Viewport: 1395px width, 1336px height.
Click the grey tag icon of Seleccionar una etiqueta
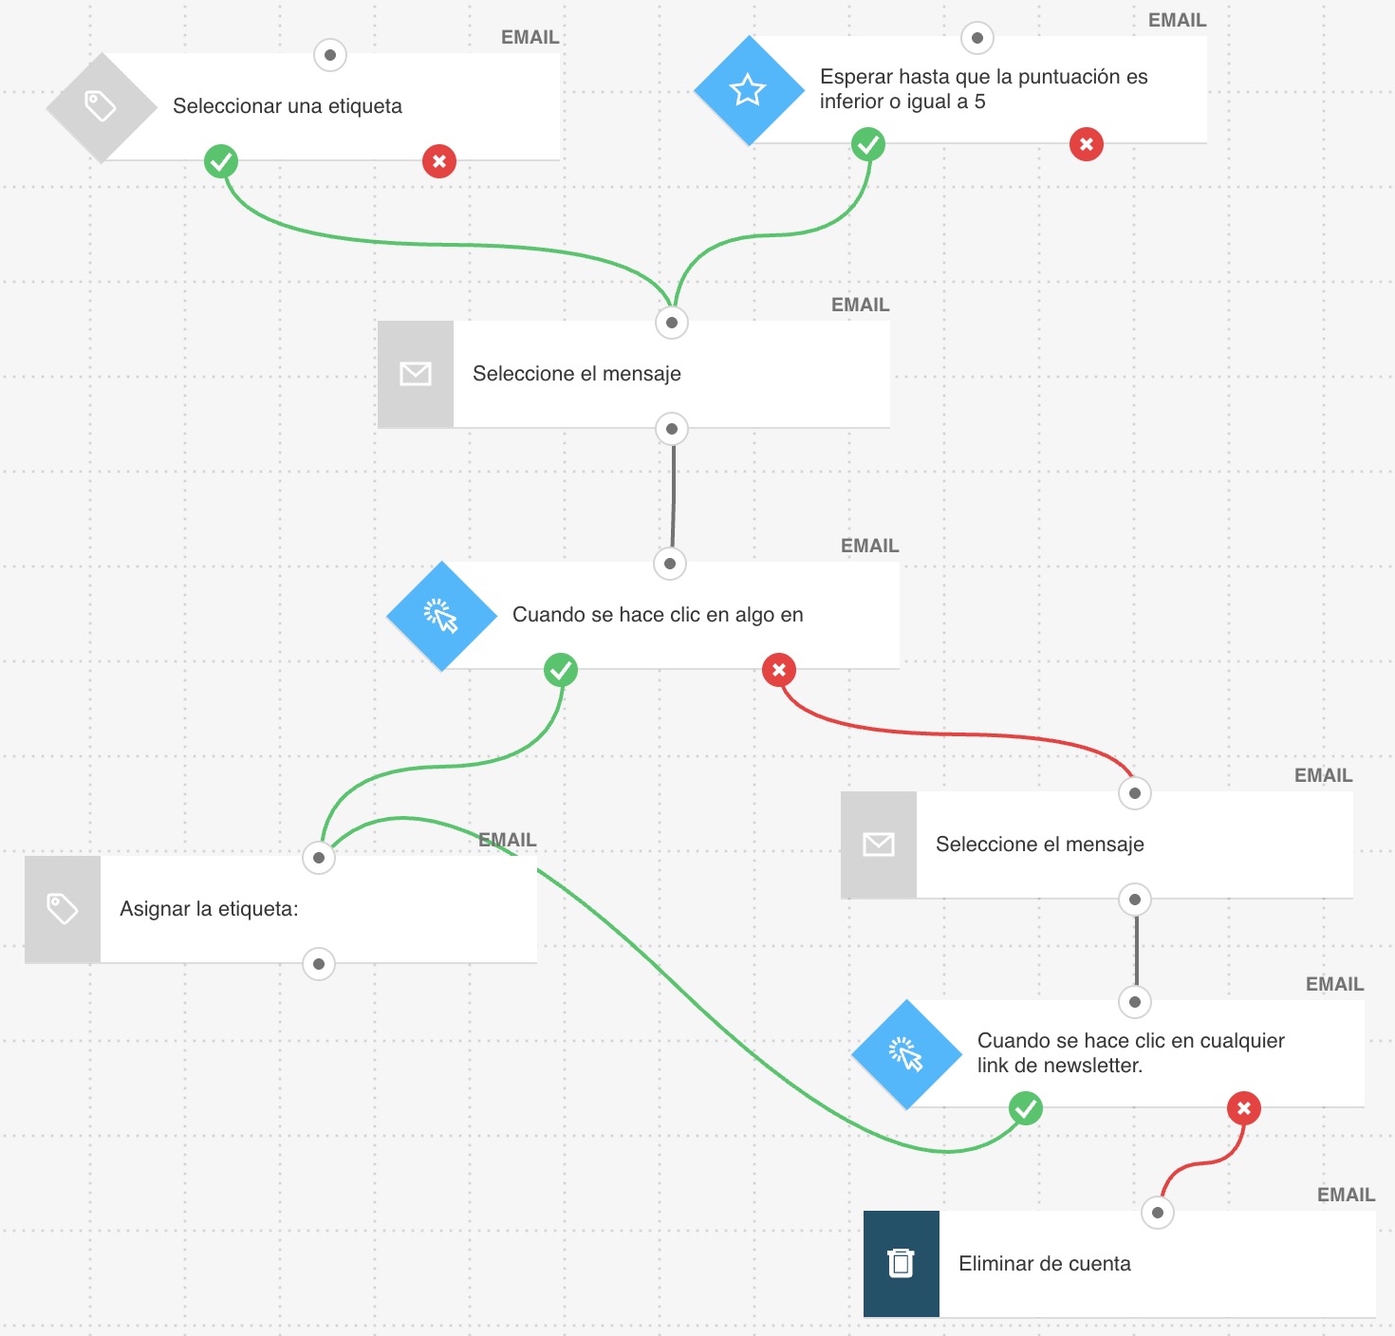coord(101,106)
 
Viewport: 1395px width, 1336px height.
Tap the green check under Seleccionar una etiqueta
coord(221,161)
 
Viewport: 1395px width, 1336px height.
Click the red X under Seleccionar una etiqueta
coord(439,161)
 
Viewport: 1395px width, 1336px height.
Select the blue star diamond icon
coord(748,90)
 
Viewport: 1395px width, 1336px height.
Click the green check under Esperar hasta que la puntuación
coord(868,144)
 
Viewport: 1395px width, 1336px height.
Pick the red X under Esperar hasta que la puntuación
coord(1087,144)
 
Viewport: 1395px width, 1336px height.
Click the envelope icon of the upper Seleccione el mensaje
coord(416,374)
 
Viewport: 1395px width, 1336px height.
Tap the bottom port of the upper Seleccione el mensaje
coord(672,429)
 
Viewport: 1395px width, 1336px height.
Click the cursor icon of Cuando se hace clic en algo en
coord(441,616)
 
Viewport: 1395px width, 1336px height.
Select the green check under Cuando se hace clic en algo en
coord(561,670)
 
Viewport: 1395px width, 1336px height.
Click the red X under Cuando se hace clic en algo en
coord(779,670)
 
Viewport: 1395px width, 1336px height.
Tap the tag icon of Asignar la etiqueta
coord(63,909)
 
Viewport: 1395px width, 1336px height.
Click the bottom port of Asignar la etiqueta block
coord(319,964)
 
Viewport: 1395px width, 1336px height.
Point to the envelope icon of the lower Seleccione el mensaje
coord(879,844)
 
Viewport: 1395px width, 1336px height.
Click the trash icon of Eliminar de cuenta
coord(901,1263)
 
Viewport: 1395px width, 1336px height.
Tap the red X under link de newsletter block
coord(1244,1108)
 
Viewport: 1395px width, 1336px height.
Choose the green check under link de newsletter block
coord(1026,1108)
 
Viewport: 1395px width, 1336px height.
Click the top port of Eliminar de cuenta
coord(1158,1213)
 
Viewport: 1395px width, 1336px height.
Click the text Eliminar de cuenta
coord(1044,1264)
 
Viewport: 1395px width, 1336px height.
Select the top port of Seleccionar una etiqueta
coord(330,55)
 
